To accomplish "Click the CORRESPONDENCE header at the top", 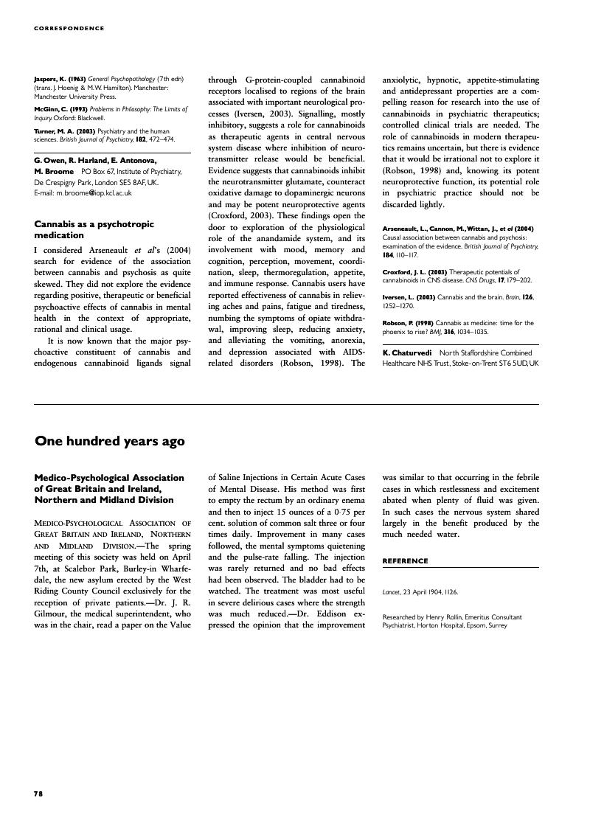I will pyautogui.click(x=69, y=29).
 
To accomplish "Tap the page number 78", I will pyautogui.click(x=38, y=793).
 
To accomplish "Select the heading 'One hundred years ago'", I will pyautogui.click(x=109, y=441).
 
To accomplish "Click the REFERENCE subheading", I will pyautogui.click(x=405, y=560).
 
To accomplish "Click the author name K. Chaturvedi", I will pyautogui.click(x=406, y=353).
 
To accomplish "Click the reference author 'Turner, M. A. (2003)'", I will pyautogui.click(x=65, y=131).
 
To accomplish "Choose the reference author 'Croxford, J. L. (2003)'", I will pyautogui.click(x=414, y=271).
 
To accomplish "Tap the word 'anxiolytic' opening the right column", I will pyautogui.click(x=404, y=80).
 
